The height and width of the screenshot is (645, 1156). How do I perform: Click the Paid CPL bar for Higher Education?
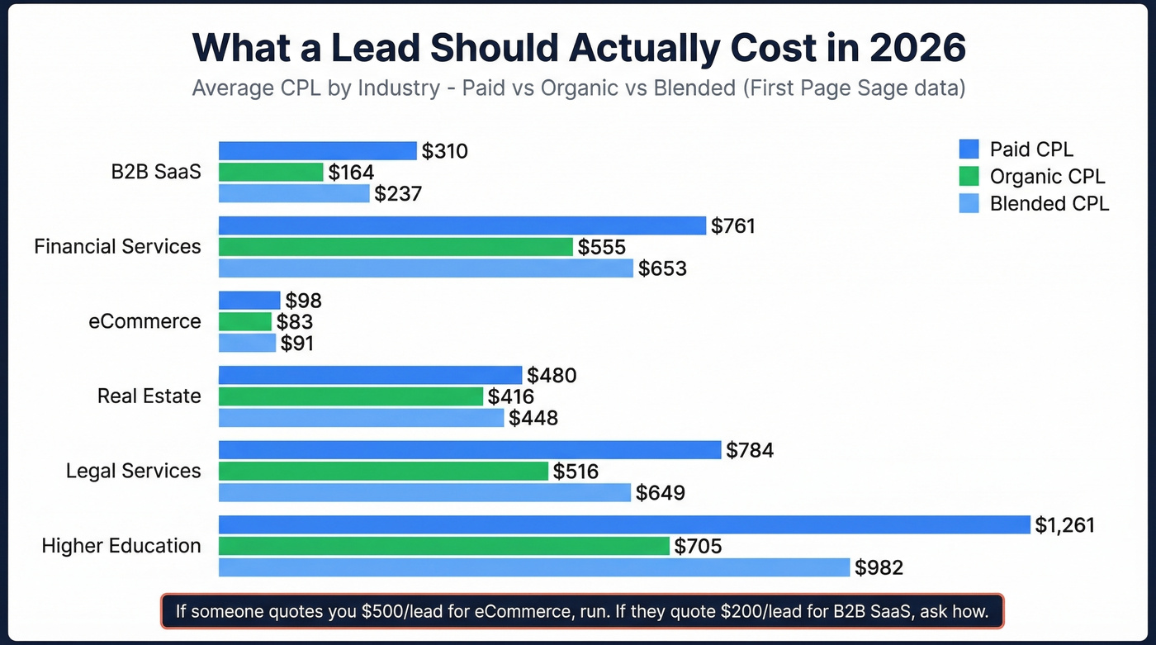tap(624, 524)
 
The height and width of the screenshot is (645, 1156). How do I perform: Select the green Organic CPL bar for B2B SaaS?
tap(271, 172)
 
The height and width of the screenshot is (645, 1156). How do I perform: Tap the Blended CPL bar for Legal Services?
tap(424, 493)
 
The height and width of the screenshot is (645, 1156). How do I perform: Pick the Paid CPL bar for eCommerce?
tap(249, 300)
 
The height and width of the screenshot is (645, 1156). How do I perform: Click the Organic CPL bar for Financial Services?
tap(396, 247)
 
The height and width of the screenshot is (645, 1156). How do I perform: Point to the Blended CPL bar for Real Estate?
tap(361, 418)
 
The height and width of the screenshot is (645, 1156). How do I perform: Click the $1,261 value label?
tap(1065, 524)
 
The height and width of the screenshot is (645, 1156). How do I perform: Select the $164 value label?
tap(351, 173)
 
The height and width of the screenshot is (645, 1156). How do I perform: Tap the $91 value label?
tap(297, 343)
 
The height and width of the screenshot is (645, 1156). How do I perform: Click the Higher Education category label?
tap(121, 546)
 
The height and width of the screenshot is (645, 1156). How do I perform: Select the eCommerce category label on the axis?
tap(144, 321)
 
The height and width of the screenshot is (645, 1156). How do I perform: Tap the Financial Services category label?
tap(117, 246)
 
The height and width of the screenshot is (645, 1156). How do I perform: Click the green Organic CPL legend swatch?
tap(969, 176)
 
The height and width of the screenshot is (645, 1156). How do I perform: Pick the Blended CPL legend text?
tap(1049, 203)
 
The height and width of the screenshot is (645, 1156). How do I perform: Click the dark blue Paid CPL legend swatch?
tap(969, 149)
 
